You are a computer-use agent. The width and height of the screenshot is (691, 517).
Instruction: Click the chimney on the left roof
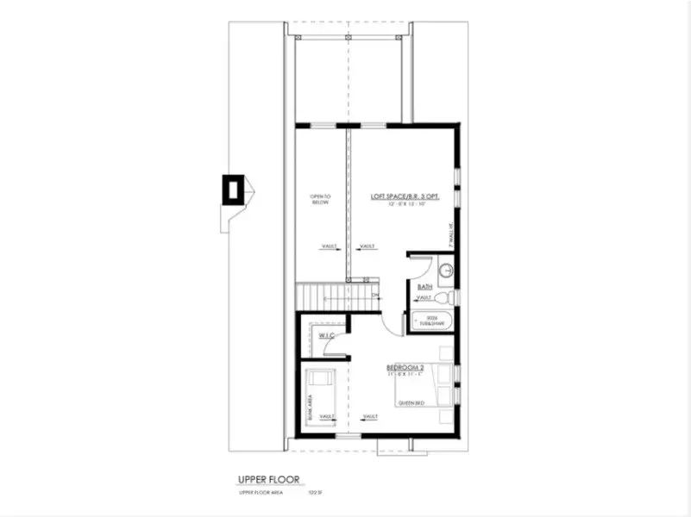tap(232, 190)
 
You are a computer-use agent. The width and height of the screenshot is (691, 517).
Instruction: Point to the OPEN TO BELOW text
tap(321, 201)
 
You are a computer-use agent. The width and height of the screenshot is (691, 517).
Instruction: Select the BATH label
tap(424, 286)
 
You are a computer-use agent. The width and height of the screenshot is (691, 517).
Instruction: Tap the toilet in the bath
tap(443, 297)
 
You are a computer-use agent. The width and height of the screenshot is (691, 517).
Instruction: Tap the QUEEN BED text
tap(411, 402)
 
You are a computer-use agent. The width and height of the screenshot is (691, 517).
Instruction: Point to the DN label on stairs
tap(375, 296)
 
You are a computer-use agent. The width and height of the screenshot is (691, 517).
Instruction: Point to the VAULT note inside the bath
tap(424, 298)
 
